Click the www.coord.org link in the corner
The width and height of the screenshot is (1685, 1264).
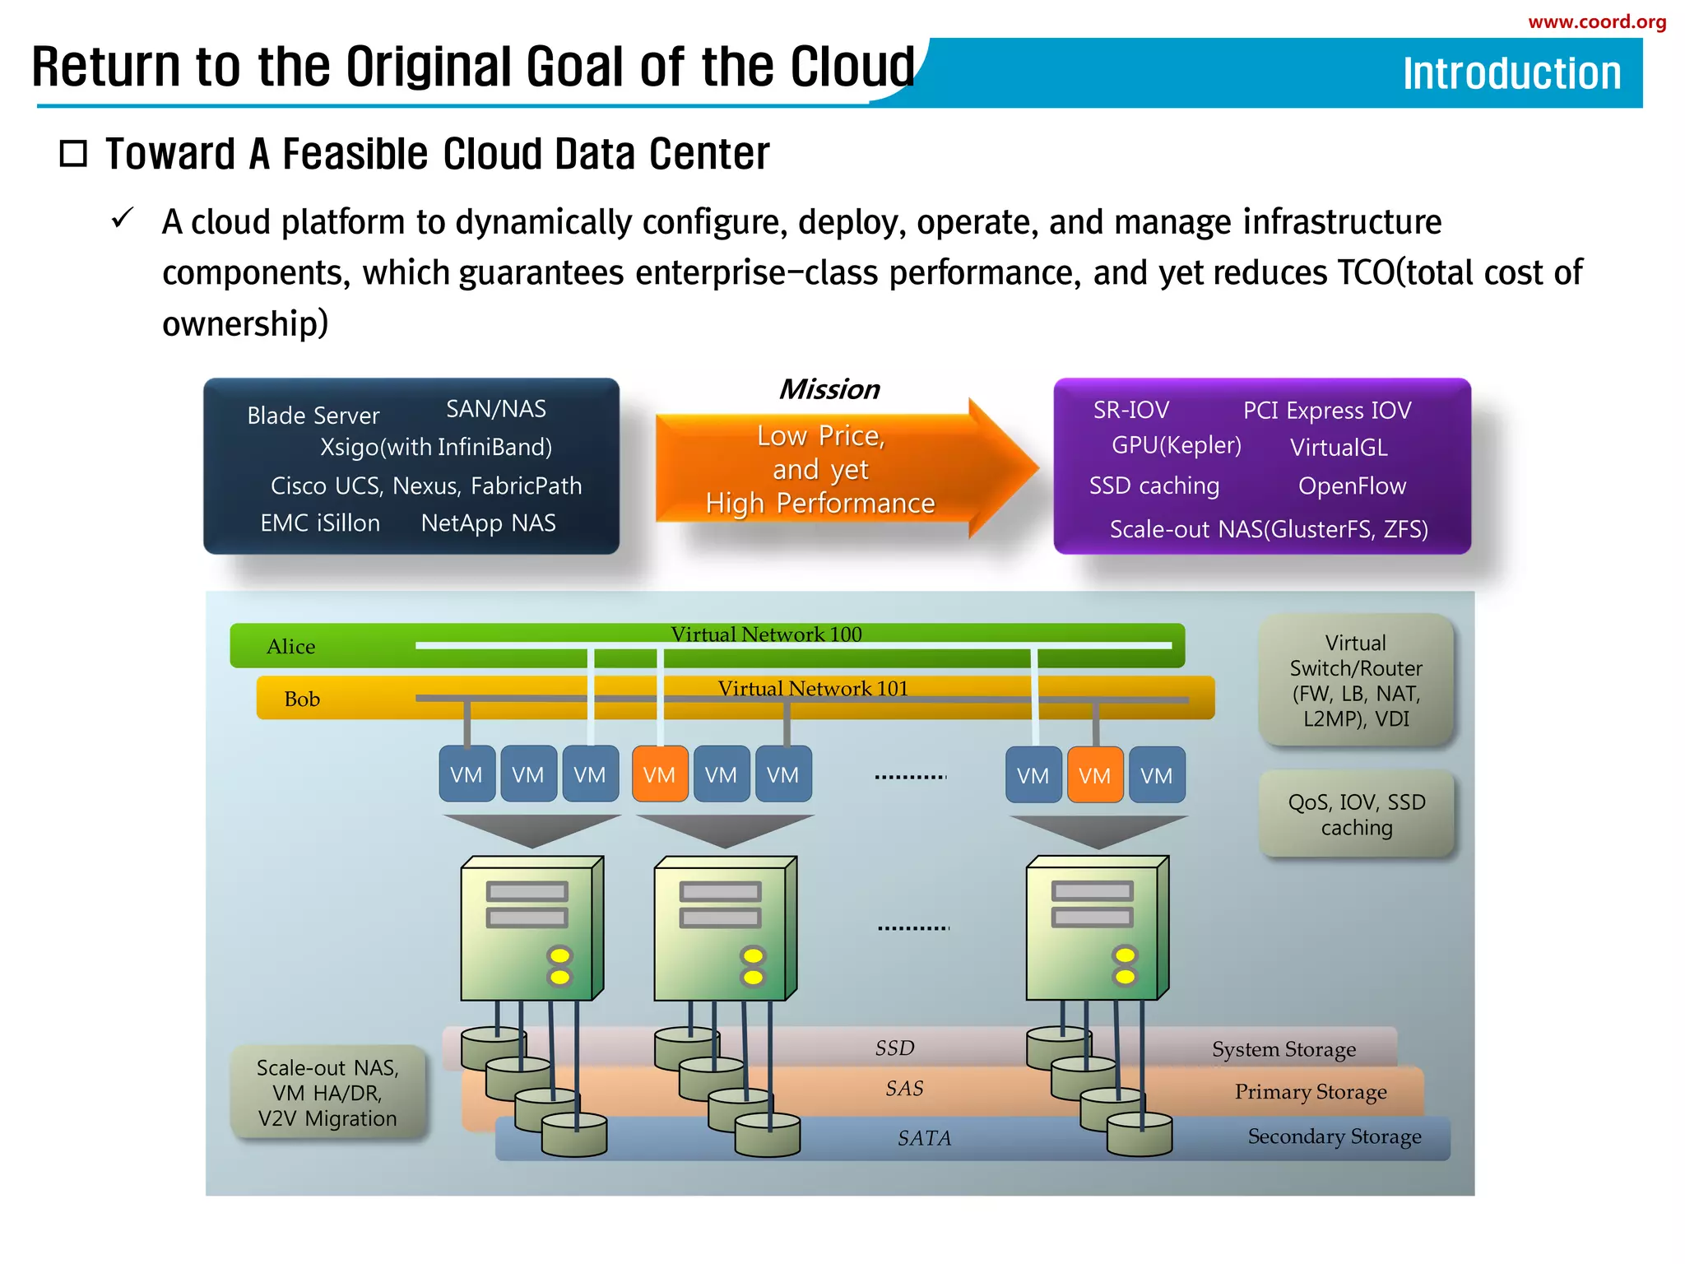click(1596, 22)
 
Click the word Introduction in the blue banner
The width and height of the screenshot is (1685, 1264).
click(1511, 73)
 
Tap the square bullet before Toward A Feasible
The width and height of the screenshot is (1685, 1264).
click(73, 154)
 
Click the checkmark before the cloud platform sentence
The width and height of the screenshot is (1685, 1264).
click(123, 219)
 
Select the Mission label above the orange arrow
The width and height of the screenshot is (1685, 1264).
click(829, 389)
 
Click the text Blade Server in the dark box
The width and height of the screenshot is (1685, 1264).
click(313, 416)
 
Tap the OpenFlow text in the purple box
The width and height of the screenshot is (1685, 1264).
click(1352, 486)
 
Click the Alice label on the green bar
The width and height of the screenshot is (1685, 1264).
click(290, 647)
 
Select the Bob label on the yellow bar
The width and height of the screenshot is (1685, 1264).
click(302, 699)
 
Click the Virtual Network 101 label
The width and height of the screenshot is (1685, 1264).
click(813, 689)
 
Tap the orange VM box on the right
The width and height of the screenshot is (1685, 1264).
click(1094, 775)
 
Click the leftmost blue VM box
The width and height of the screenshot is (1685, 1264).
click(467, 774)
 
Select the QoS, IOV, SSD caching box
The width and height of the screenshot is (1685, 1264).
click(1356, 815)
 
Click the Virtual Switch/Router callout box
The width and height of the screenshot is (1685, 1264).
click(1356, 681)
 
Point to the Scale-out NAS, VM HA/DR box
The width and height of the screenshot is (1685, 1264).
click(327, 1093)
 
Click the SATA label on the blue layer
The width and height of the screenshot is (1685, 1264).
click(924, 1138)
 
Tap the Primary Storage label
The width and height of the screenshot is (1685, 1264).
click(1310, 1092)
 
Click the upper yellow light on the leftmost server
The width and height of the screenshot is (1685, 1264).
click(559, 955)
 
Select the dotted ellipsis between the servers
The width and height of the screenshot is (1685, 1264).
click(912, 928)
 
